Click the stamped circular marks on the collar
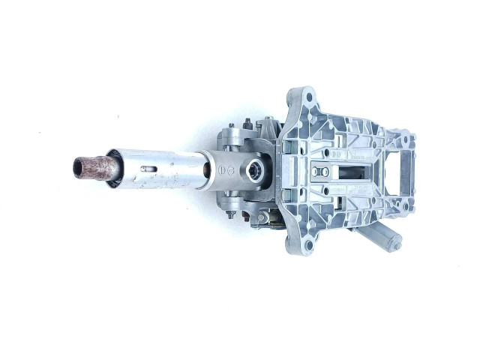click(226, 170)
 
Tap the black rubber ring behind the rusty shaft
click(112, 166)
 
